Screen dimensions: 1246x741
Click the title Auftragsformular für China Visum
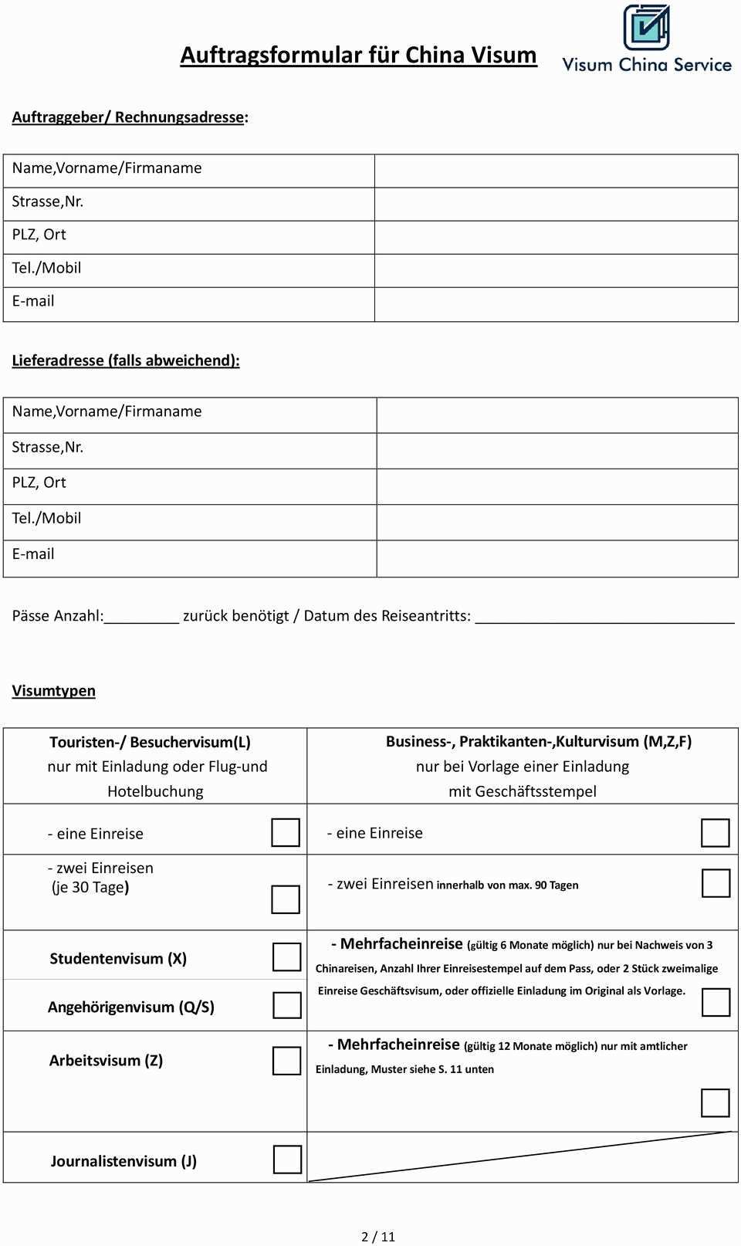(358, 55)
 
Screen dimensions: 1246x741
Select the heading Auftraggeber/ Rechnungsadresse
(130, 117)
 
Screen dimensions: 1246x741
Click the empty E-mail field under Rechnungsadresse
(556, 304)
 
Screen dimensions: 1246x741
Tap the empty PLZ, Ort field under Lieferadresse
(557, 486)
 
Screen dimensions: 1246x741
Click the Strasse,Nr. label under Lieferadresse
(48, 447)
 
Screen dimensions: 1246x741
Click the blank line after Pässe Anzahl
(141, 616)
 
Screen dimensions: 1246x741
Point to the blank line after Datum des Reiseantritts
(604, 616)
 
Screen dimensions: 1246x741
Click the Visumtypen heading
(54, 691)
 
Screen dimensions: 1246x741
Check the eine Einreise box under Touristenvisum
(286, 832)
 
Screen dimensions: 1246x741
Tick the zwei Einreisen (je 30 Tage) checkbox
(286, 899)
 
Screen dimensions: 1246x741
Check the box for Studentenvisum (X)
(286, 957)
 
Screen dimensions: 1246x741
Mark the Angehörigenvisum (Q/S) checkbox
(286, 1005)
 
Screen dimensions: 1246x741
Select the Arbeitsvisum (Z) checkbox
(286, 1061)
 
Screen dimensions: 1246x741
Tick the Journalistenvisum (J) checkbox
(287, 1160)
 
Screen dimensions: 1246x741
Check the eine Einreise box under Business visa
(716, 833)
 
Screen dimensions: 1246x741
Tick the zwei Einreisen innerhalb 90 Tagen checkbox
(716, 883)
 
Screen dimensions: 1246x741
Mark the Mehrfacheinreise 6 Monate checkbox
(716, 1003)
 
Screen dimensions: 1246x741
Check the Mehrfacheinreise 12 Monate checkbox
(716, 1102)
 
